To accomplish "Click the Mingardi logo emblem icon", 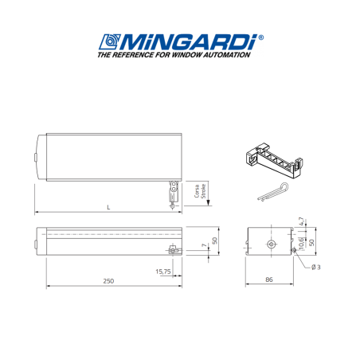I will point(108,41).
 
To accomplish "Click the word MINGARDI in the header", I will point(188,41).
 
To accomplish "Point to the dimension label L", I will point(108,207).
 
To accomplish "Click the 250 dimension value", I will point(108,280).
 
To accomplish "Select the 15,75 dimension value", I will point(162,272).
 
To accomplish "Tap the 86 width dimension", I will point(271,280).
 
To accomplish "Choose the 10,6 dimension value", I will point(300,240).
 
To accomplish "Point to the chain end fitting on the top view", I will point(172,194).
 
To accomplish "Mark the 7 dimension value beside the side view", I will point(204,245).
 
